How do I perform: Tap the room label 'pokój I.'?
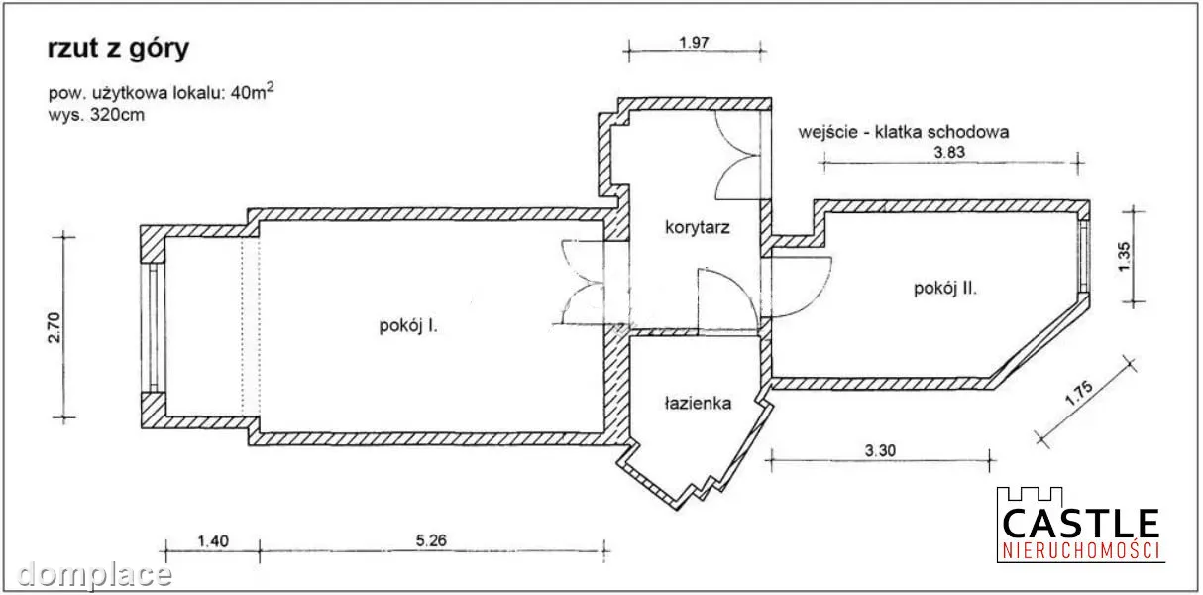pos(408,326)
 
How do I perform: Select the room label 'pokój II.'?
pos(945,289)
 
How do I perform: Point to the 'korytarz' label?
pos(697,228)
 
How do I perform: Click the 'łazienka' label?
pos(699,403)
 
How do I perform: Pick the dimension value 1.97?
pos(694,42)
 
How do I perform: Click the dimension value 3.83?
pos(949,152)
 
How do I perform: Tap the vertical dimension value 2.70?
pos(55,327)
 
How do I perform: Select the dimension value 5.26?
pos(431,540)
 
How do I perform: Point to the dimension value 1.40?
pos(213,540)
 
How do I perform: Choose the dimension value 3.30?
pos(880,450)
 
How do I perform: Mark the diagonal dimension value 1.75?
pos(1078,393)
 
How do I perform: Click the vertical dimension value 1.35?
pos(1124,257)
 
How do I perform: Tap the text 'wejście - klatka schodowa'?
pos(904,132)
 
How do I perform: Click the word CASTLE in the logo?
pos(1080,524)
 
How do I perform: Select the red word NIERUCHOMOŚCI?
pos(1080,551)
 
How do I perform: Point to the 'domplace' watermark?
pos(94,574)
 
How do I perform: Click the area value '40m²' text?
pos(253,91)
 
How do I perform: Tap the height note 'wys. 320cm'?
pos(96,115)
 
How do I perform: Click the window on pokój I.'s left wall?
pos(153,327)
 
